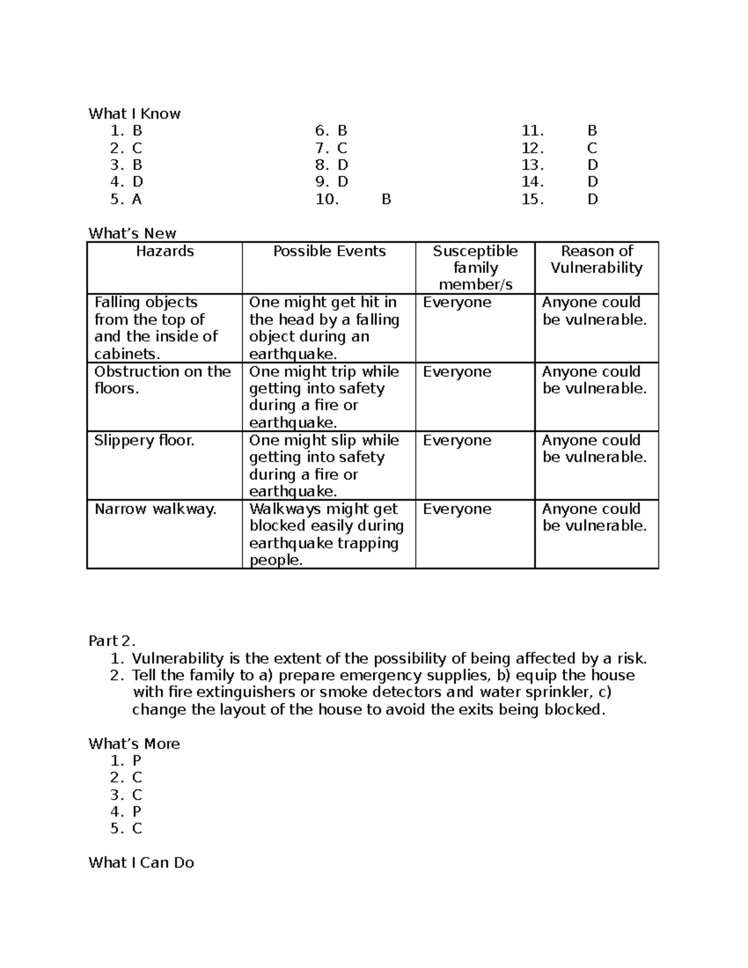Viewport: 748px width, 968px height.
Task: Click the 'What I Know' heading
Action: (134, 113)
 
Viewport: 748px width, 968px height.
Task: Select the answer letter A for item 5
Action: (137, 199)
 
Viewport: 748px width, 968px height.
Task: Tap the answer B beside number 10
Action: (386, 199)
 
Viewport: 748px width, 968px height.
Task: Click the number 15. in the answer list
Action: (533, 199)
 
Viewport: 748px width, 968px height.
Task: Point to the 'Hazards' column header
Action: (165, 251)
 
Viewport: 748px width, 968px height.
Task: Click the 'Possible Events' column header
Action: (329, 251)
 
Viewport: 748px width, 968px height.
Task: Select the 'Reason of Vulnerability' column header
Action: (597, 259)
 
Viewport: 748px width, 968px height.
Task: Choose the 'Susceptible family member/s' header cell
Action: (475, 267)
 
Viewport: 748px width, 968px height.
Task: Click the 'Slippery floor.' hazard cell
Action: (144, 441)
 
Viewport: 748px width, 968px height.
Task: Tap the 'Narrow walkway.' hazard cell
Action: (155, 509)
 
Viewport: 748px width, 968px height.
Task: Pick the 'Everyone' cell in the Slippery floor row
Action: (457, 441)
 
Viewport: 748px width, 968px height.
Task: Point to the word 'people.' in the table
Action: (276, 560)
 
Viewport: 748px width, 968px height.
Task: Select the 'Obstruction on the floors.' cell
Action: (162, 380)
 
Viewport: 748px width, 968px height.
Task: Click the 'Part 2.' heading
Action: (112, 641)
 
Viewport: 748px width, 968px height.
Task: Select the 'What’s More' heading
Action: (134, 744)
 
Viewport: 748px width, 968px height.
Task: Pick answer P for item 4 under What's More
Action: (137, 812)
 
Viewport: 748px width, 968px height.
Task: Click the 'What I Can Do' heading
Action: (141, 863)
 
